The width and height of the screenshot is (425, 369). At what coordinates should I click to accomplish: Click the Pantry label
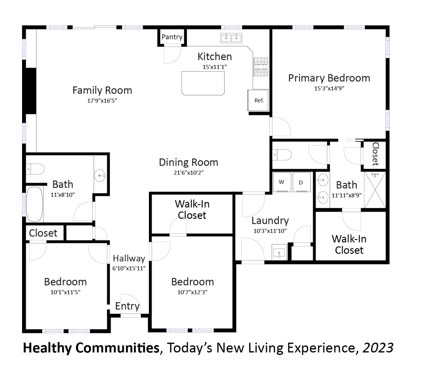[172, 37]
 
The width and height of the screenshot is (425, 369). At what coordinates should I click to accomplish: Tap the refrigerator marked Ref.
[258, 100]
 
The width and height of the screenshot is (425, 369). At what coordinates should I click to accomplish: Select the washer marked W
[282, 182]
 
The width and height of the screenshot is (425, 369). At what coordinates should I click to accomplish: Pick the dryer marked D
[301, 182]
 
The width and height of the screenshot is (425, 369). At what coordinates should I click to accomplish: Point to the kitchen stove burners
[261, 67]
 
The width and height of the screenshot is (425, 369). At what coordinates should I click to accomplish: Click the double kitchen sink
[231, 38]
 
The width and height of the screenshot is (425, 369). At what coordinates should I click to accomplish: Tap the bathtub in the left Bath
[34, 204]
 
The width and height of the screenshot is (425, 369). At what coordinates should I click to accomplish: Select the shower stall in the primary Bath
[375, 190]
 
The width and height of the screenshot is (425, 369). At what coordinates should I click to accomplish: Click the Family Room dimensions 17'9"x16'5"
[102, 101]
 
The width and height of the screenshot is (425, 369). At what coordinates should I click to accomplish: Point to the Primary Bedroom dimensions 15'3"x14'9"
[329, 88]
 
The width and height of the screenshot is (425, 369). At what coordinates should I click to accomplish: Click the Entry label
[127, 306]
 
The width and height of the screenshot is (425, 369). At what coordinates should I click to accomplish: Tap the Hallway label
[129, 258]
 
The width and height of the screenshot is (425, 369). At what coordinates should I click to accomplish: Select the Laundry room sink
[279, 252]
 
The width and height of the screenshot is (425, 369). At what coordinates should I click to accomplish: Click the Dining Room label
[188, 162]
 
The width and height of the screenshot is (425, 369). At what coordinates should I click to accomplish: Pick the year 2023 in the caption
[378, 348]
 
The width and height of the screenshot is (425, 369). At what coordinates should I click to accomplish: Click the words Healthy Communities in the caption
[91, 348]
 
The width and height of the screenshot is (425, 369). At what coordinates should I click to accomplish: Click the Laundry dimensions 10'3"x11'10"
[270, 231]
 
